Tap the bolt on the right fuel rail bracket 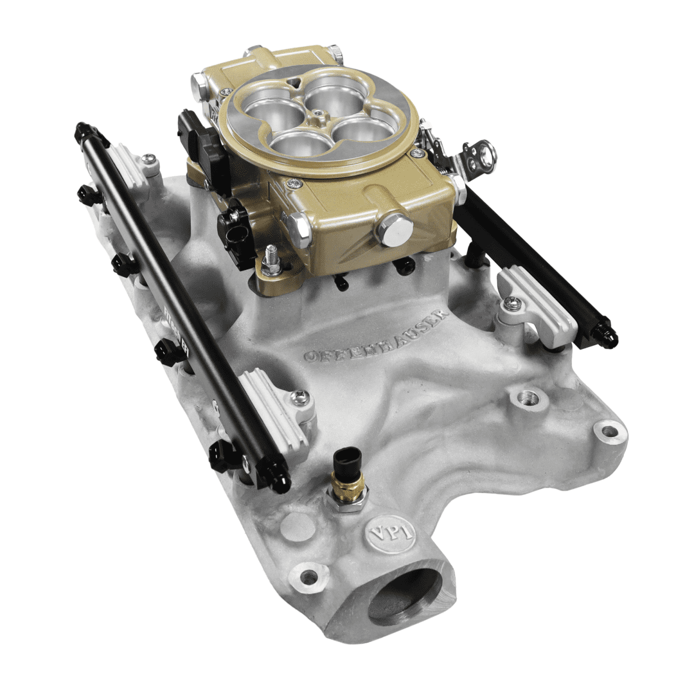coord(512,303)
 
